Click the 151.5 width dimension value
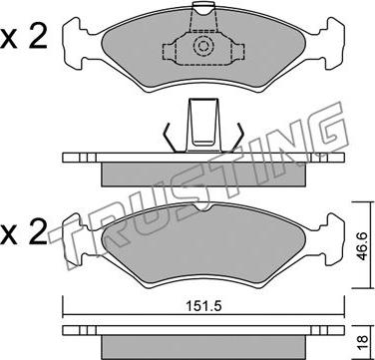click(203, 306)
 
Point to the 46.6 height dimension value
click(361, 246)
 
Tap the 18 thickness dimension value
click(363, 340)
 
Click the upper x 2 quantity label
click(23, 39)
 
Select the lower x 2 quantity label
click(23, 230)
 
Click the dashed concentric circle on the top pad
click(201, 46)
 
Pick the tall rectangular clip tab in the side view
click(203, 125)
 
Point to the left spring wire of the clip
click(169, 137)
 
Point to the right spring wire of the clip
click(238, 137)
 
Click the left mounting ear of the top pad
click(75, 43)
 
